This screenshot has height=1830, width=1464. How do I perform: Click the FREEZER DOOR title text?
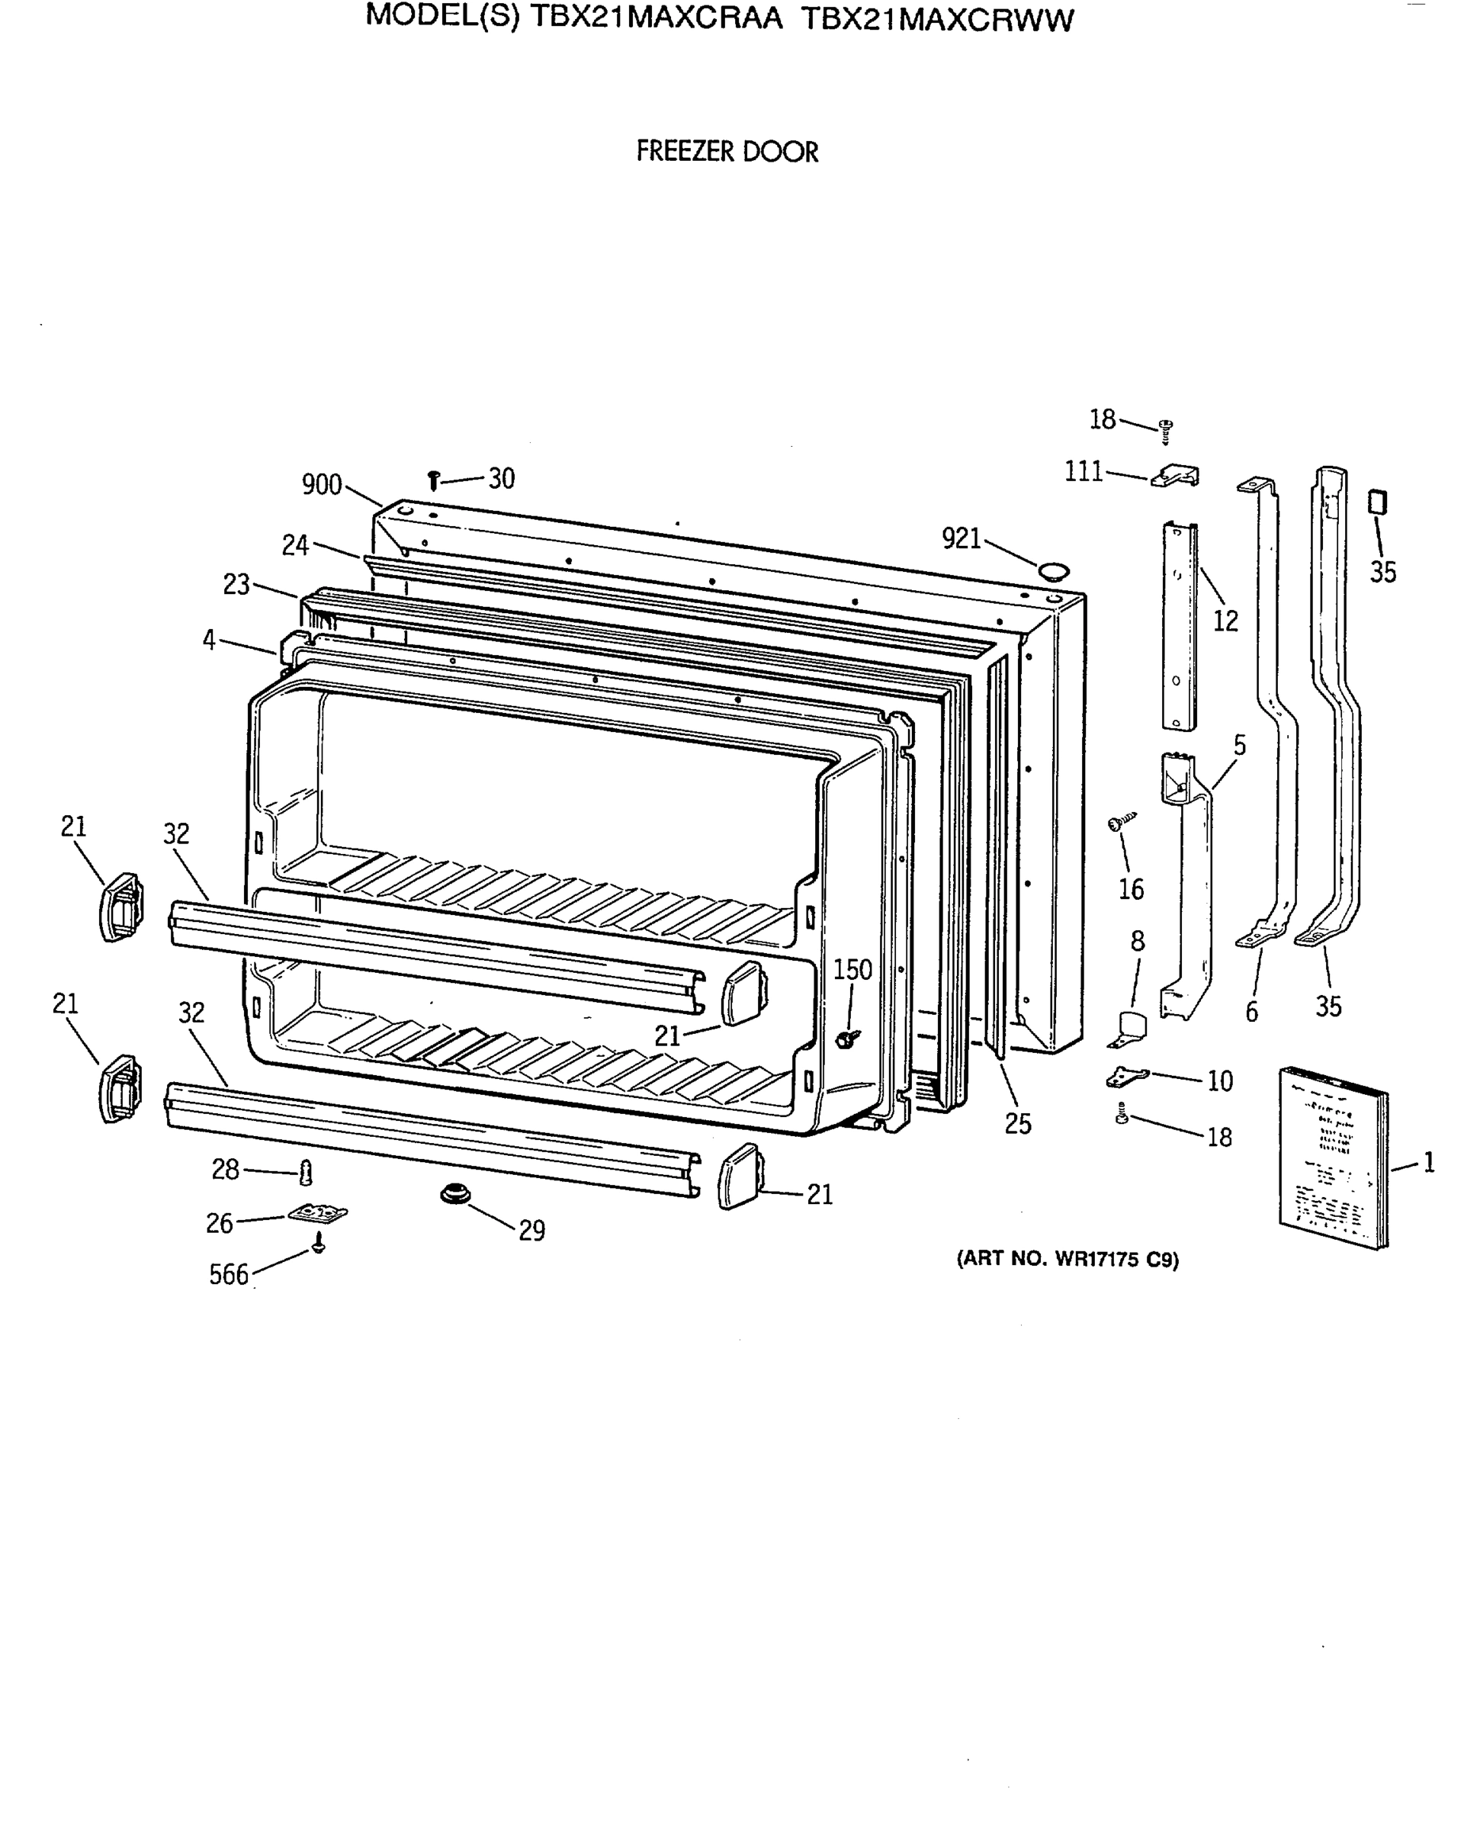(x=727, y=152)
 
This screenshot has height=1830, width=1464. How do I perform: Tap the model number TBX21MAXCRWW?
(x=937, y=20)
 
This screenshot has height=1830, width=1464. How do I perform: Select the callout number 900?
(x=322, y=486)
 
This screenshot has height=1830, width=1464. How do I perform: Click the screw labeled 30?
(x=434, y=481)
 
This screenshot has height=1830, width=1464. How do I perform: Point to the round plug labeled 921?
(x=1053, y=570)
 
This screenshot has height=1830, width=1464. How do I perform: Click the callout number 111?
(x=1084, y=472)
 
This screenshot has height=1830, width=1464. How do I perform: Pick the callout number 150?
(x=852, y=969)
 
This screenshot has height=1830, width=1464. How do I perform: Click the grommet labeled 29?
(x=455, y=1194)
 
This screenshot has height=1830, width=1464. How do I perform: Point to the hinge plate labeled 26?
(x=318, y=1215)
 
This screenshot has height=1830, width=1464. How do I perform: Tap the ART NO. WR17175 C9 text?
(x=1067, y=1259)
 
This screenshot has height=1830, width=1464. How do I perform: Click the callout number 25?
(x=1018, y=1124)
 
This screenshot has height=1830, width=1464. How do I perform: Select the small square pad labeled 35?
(x=1376, y=502)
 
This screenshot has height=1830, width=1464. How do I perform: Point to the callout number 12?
(x=1225, y=621)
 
